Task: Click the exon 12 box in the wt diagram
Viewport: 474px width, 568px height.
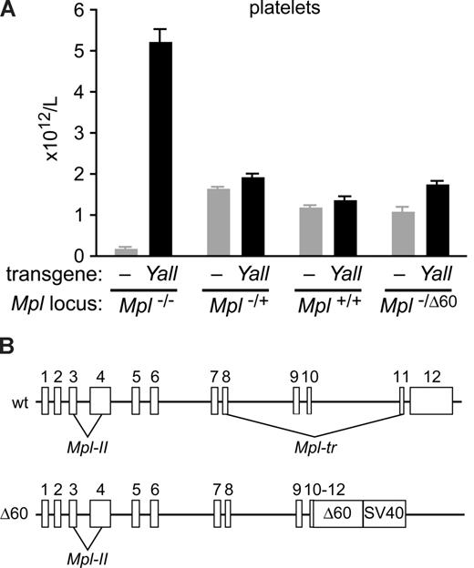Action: click(430, 401)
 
